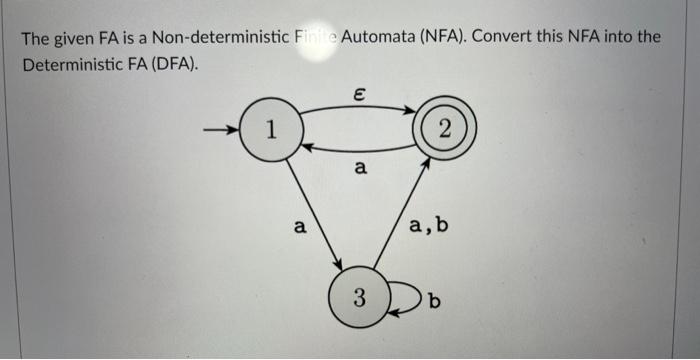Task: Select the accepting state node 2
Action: pyautogui.click(x=445, y=129)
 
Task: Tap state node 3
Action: pyautogui.click(x=358, y=296)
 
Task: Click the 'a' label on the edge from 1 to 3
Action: pyautogui.click(x=298, y=227)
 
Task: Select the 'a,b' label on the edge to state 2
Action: pyautogui.click(x=428, y=226)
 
